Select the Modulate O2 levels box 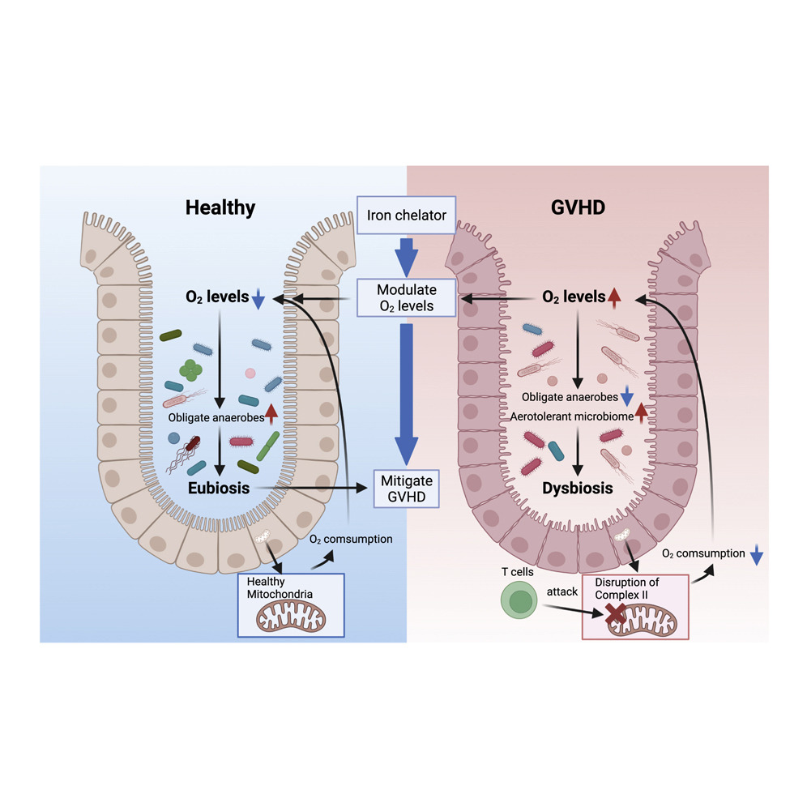coord(407,297)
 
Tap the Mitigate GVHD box coord(406,489)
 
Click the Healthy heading coord(220,207)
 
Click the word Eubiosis coord(218,489)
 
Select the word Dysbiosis coord(577,489)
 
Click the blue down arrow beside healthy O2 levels coord(258,300)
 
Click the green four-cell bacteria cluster coord(191,370)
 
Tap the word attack coord(562,591)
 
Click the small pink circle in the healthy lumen coord(250,374)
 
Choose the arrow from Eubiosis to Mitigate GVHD coord(308,489)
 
